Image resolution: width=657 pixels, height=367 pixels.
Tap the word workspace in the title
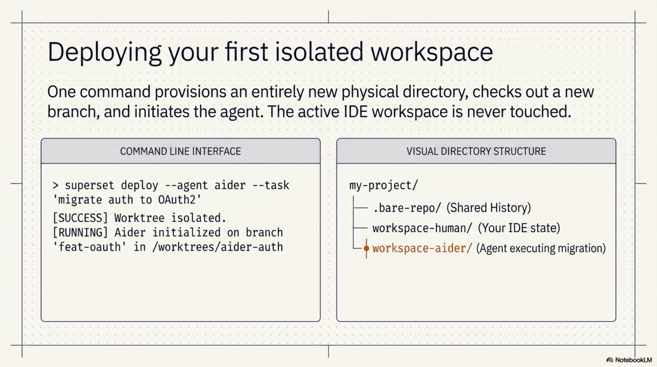pos(431,52)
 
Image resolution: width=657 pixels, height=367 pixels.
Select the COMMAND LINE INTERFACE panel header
pos(181,151)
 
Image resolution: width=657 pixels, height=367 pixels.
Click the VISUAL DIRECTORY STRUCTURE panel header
pos(476,151)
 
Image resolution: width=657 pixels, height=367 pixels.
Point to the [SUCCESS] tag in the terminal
pos(80,218)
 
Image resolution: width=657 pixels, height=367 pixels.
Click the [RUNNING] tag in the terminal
pos(80,233)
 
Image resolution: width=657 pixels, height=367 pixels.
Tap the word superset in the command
pos(89,185)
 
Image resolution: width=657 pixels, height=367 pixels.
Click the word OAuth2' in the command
pos(180,200)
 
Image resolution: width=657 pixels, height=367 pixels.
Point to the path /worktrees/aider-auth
pos(218,247)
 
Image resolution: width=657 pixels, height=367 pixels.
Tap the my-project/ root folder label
pos(384,185)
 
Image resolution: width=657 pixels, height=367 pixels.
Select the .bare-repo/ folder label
pos(406,208)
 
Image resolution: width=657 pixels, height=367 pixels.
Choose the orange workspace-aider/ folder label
pos(422,248)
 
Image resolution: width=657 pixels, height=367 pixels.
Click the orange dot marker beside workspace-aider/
pos(366,248)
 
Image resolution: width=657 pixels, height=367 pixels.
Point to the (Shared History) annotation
pos(489,208)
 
